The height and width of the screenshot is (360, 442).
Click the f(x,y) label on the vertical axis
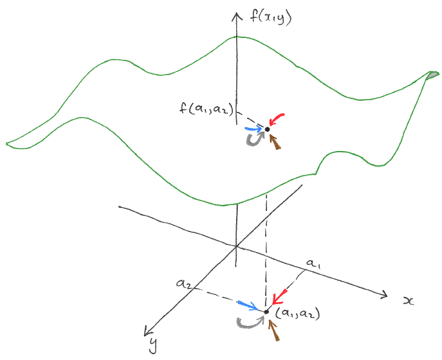tap(270, 19)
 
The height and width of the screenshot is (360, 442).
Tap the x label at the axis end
tap(407, 301)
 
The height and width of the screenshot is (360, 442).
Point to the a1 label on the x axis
tap(313, 264)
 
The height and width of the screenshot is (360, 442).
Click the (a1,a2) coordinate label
tap(297, 313)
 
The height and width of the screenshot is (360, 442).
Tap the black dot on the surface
tap(268, 129)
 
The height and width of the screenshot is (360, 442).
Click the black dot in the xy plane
tap(266, 312)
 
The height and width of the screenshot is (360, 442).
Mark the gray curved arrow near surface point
tap(254, 139)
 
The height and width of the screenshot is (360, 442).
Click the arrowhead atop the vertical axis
tap(237, 18)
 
